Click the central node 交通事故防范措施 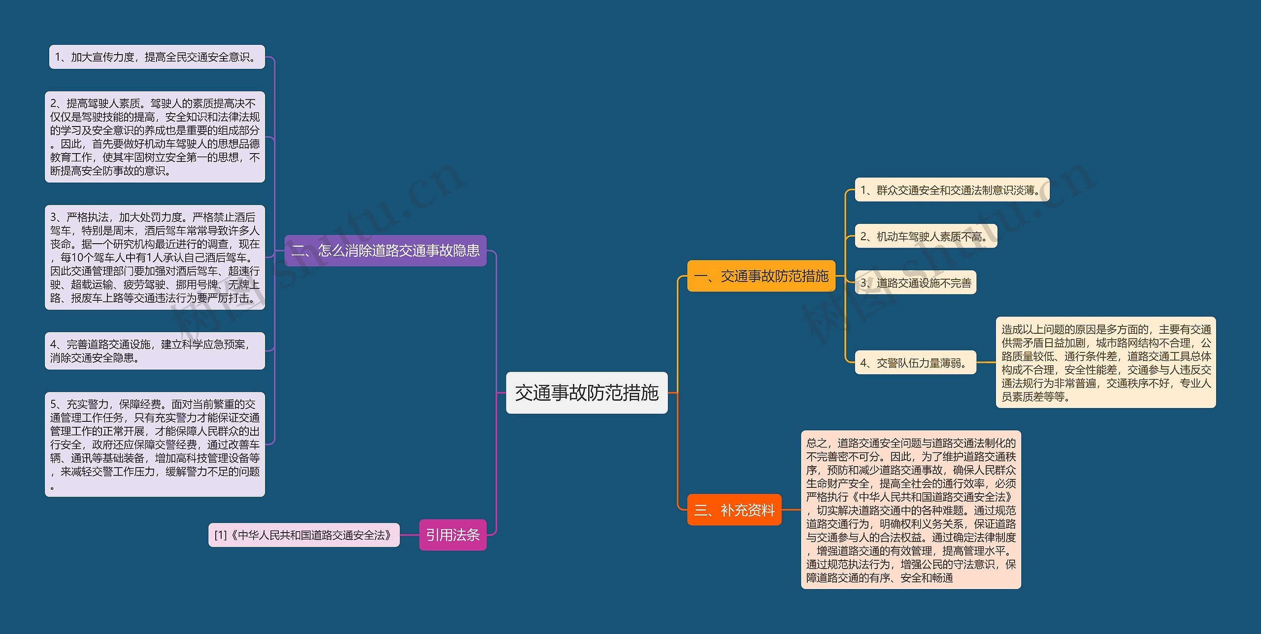click(587, 393)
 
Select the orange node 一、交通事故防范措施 click(761, 276)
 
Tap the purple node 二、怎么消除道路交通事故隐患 click(385, 251)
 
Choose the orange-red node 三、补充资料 click(734, 509)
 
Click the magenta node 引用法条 click(453, 535)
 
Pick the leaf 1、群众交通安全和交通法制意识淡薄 click(952, 190)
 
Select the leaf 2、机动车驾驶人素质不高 click(926, 236)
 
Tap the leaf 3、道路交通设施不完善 click(916, 283)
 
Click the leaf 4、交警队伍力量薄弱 click(916, 363)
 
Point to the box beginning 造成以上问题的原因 click(1106, 362)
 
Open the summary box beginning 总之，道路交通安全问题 click(911, 509)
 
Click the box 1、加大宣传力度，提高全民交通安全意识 click(157, 57)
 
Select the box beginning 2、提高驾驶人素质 click(155, 137)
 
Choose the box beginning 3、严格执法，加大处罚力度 click(155, 257)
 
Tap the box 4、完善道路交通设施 click(155, 351)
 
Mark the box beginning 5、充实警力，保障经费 click(155, 444)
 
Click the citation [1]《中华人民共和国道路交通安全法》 click(304, 535)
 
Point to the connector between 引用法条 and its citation click(409, 535)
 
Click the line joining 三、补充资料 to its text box click(791, 509)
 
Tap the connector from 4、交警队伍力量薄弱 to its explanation click(986, 362)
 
